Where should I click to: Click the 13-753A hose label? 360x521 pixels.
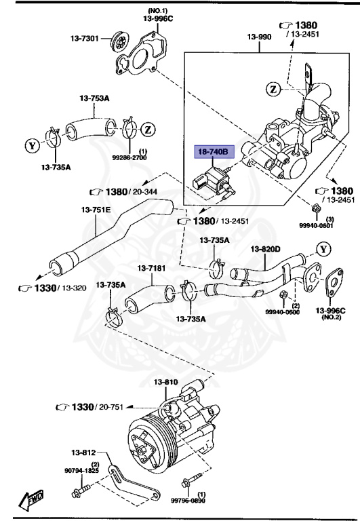tap(95, 98)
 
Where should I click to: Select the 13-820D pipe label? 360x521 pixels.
tap(266, 249)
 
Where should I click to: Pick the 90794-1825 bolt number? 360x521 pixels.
tap(81, 469)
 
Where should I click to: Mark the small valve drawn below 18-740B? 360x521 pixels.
tap(209, 182)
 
